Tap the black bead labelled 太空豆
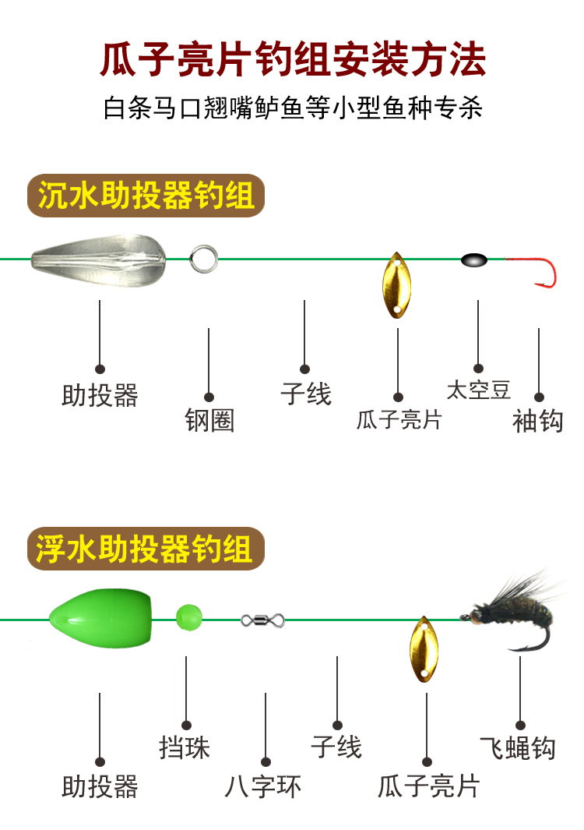473,260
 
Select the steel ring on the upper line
203,258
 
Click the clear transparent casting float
99,259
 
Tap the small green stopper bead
188,617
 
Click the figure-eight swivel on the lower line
262,620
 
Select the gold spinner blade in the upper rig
396,285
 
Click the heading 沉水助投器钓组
146,196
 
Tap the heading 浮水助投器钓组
146,549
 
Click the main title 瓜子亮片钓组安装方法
293,60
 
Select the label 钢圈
209,421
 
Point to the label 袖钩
537,421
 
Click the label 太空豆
478,390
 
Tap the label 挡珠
185,748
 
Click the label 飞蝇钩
518,748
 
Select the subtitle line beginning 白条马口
293,108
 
